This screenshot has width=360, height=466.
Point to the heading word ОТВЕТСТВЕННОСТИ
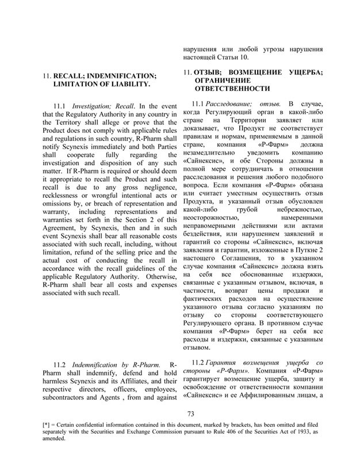(232, 90)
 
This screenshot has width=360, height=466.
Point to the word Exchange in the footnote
(156, 430)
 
